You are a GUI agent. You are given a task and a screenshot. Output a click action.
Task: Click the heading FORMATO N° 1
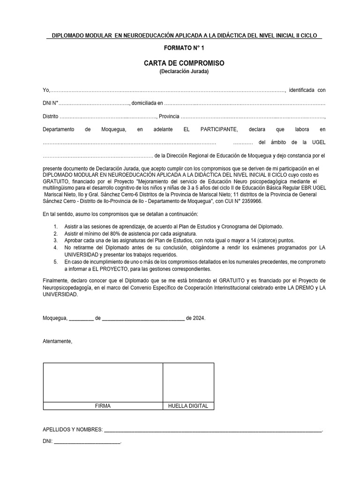pyautogui.click(x=184, y=48)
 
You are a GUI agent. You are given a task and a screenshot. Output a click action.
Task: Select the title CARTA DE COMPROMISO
pyautogui.click(x=184, y=63)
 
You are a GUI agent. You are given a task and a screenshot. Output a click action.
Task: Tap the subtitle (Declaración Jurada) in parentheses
pyautogui.click(x=184, y=72)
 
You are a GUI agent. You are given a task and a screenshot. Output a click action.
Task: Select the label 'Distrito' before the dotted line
pyautogui.click(x=51, y=116)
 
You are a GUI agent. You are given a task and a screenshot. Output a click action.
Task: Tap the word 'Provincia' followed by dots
pyautogui.click(x=169, y=116)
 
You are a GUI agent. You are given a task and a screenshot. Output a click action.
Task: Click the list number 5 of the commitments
pyautogui.click(x=55, y=262)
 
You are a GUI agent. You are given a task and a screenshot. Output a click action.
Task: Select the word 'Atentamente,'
pyautogui.click(x=58, y=341)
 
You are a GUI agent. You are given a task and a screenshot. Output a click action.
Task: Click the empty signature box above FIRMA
pyautogui.click(x=103, y=382)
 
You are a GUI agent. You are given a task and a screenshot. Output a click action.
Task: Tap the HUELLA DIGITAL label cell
pyautogui.click(x=188, y=406)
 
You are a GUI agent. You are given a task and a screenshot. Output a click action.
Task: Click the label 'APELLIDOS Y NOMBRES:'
pyautogui.click(x=72, y=429)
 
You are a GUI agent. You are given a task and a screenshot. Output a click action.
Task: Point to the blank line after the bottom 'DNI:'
pyautogui.click(x=88, y=442)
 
